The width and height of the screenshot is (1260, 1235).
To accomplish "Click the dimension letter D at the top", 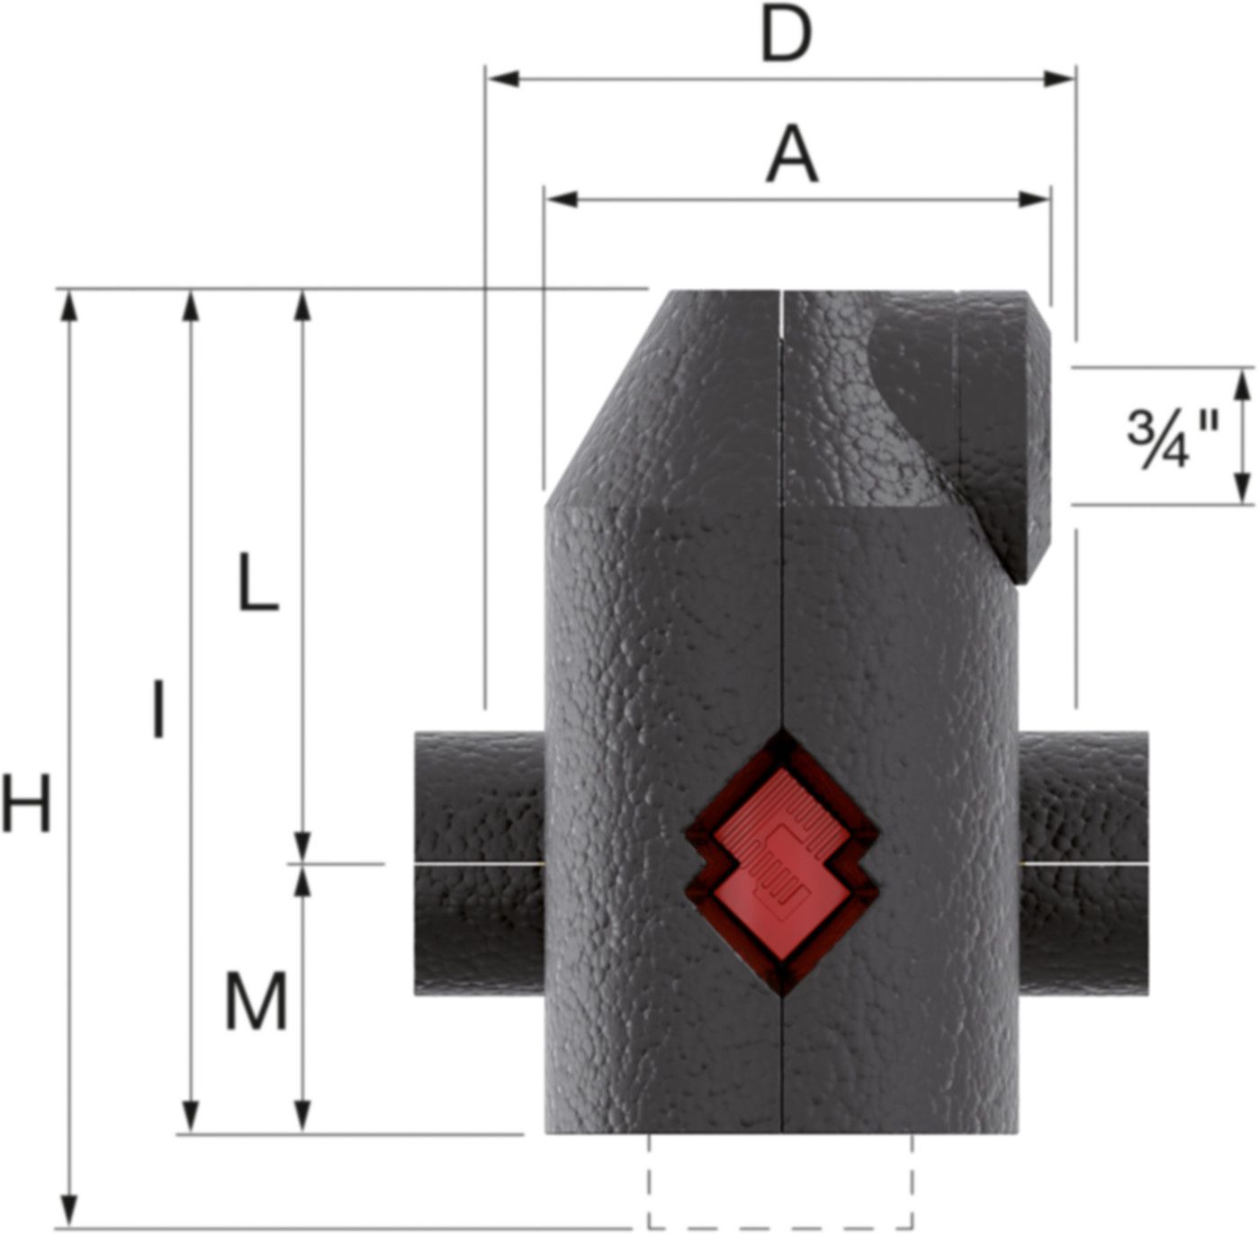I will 787,36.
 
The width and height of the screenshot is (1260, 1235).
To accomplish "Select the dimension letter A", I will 792,156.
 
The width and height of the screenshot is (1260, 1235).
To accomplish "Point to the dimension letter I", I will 158,710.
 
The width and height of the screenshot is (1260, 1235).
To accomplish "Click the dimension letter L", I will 257,582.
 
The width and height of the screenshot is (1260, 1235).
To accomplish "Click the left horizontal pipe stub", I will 479,862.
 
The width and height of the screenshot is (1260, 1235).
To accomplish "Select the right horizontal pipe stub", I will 1084,862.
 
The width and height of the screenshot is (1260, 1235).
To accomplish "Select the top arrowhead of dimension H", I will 68,307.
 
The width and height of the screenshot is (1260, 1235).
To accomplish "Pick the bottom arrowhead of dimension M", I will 303,1116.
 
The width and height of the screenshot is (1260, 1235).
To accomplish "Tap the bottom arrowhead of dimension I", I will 190,1116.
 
